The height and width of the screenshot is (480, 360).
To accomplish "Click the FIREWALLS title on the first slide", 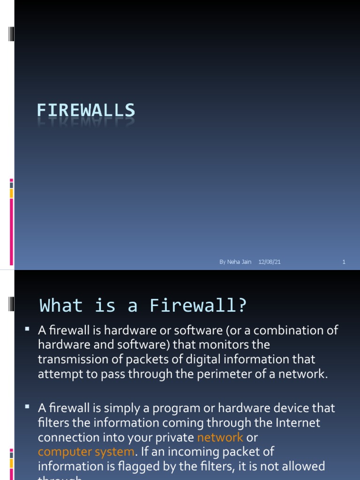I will point(86,111).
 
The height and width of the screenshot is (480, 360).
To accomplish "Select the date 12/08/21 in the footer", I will point(269,262).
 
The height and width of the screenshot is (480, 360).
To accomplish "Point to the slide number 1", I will point(344,262).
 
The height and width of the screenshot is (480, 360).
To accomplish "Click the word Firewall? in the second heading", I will point(198,306).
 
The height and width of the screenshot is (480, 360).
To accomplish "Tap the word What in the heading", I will point(61,306).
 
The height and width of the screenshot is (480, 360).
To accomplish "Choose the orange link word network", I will point(220,438).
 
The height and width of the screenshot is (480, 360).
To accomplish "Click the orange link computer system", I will point(85,452).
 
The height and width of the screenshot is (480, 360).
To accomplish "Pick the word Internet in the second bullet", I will point(298,423).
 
